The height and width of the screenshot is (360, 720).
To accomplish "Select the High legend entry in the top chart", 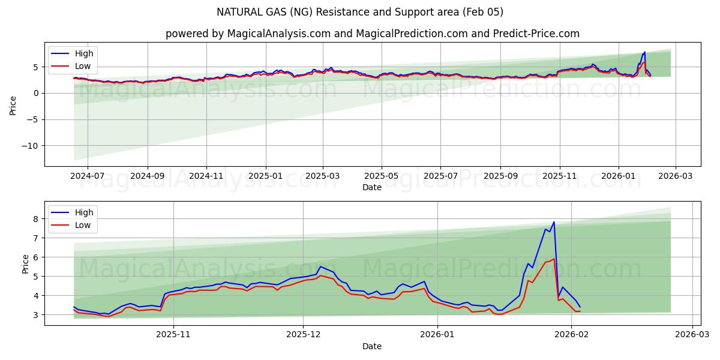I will point(84,53).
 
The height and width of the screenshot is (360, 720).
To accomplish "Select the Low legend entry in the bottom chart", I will point(83,225).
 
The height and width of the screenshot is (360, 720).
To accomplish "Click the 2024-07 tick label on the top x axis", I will point(88,176).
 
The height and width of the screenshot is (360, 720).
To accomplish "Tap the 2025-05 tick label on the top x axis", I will point(382,176).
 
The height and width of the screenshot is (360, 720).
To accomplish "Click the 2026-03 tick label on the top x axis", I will point(676,176).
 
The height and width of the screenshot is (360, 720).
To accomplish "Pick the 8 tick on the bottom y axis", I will point(36,219).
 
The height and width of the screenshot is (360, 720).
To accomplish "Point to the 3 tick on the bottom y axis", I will point(36,315).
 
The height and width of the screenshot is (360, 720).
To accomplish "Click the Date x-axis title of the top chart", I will point(372,187).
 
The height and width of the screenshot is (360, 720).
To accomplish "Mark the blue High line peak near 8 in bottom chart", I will point(554,222).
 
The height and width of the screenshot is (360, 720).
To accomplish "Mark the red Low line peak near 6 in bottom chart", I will point(554,259).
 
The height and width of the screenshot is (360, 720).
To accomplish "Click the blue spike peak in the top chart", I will point(644,52).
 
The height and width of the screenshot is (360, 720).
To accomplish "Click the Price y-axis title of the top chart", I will point(13,105).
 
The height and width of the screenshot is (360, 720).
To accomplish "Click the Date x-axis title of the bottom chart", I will point(372,346).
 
